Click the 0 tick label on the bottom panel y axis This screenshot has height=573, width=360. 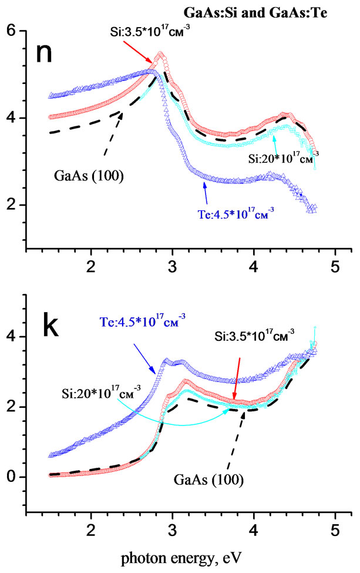tap(18, 477)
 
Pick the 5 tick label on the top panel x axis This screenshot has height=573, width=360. tap(335, 265)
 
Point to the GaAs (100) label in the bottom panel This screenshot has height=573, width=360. tap(210, 480)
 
